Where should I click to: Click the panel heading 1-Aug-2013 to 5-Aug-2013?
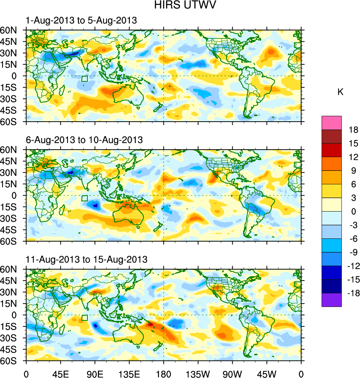coord(81,21)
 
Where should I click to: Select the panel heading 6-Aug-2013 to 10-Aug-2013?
coord(84,140)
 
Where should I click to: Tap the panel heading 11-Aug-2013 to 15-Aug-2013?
coord(86,259)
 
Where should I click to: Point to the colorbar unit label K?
coord(340,92)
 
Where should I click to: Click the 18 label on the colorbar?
coord(353,130)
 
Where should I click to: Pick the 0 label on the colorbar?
coord(353,212)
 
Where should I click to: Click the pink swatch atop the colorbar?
coord(332,122)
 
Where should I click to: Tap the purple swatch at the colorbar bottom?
coord(332,300)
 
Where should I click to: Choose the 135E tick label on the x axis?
coord(129,374)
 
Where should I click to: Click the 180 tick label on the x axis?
coord(164,374)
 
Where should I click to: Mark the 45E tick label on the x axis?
coord(60,374)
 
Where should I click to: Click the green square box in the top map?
coord(84,79)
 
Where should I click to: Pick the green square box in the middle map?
coord(84,198)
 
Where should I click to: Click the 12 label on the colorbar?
coord(353,157)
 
